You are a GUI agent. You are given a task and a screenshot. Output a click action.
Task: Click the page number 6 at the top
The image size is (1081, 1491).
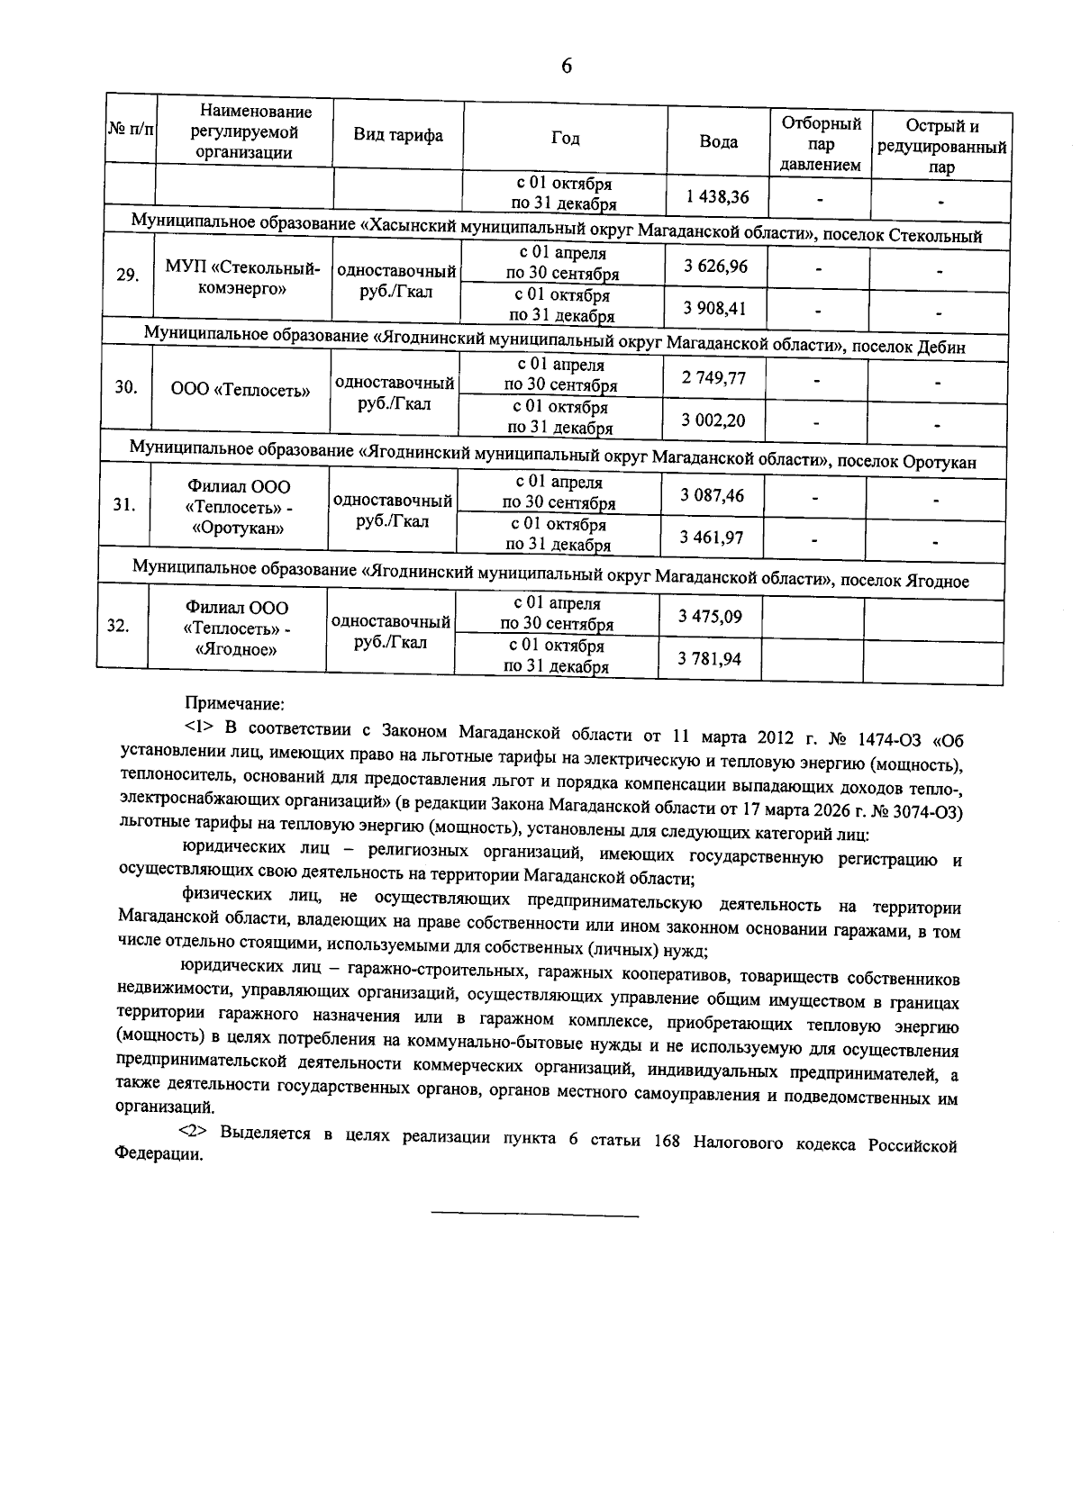tap(566, 66)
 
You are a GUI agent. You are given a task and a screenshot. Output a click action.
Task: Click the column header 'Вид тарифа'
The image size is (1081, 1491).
tap(397, 136)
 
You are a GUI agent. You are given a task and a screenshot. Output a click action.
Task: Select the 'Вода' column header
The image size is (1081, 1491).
tap(718, 142)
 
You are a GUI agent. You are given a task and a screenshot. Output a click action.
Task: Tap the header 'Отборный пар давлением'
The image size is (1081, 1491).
tap(820, 144)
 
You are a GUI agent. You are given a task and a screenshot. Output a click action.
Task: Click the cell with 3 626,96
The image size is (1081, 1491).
tap(715, 267)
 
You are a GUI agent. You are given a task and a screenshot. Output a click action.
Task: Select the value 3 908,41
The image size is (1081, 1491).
tap(714, 309)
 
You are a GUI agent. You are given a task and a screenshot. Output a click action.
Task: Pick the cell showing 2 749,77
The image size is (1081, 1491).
tap(713, 378)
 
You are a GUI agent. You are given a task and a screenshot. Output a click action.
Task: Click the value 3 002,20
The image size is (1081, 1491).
tap(713, 420)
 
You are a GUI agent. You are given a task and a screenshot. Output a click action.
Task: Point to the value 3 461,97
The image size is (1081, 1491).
tap(712, 538)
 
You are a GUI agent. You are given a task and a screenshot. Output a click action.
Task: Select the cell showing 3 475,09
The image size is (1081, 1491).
tap(711, 616)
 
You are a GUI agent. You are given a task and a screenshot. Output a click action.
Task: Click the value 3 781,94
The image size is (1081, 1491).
tap(710, 659)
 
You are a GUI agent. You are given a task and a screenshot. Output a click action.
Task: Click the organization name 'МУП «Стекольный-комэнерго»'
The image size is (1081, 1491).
tap(243, 278)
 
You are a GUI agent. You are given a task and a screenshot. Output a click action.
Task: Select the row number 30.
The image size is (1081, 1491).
tap(126, 387)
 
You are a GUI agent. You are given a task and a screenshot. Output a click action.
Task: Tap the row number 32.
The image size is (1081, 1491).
tap(118, 627)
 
